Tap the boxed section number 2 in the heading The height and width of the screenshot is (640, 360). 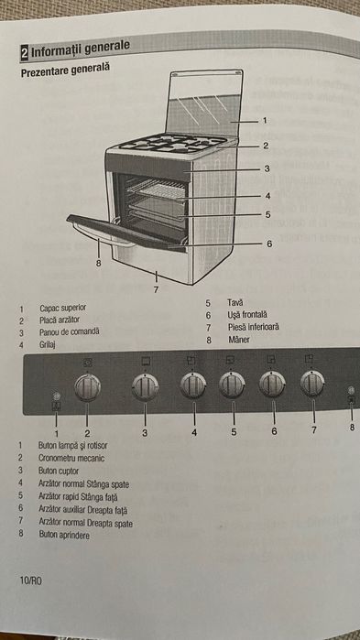click(25, 49)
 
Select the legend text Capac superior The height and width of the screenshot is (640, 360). click(67, 309)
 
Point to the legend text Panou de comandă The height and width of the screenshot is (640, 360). click(70, 332)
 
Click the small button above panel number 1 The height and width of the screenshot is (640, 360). click(56, 396)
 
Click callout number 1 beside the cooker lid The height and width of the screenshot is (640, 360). click(265, 120)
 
